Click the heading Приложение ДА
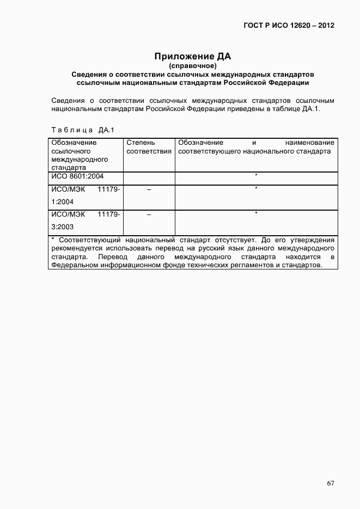(x=193, y=56)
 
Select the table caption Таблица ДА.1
(x=81, y=130)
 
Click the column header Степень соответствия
(x=149, y=147)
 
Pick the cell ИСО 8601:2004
(x=77, y=177)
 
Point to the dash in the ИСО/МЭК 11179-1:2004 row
(x=149, y=189)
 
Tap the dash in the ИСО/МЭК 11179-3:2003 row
(x=149, y=215)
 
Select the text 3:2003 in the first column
(x=62, y=226)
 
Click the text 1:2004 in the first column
(x=62, y=201)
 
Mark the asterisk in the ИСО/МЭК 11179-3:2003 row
(x=256, y=214)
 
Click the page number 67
(x=331, y=483)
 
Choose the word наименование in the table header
(x=309, y=143)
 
